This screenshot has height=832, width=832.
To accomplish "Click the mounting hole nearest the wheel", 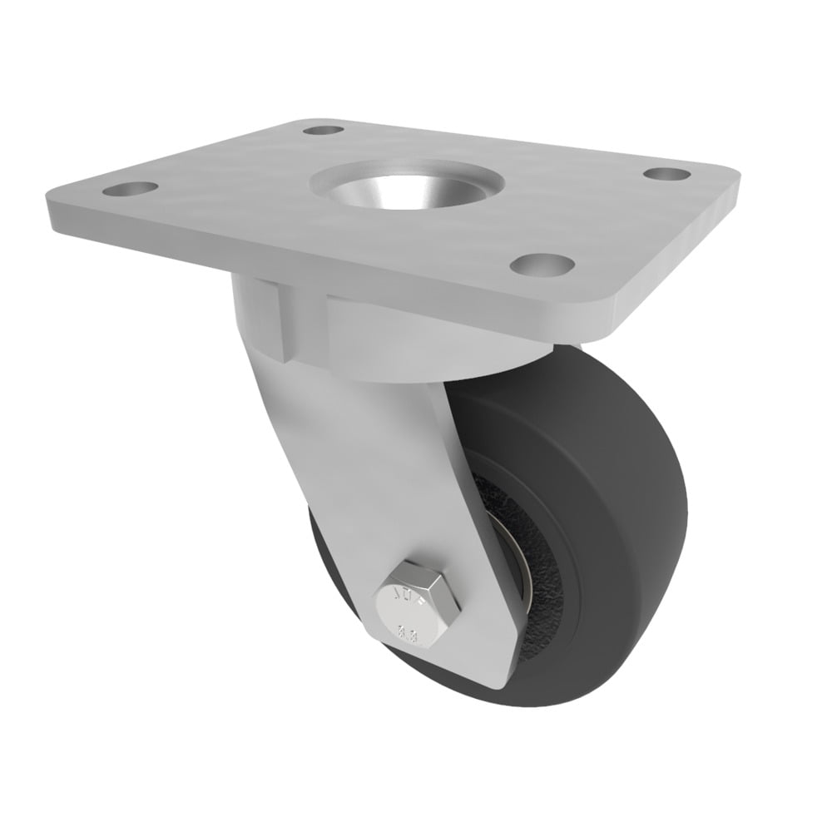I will (x=542, y=265).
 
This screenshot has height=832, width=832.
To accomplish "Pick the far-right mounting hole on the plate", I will (x=667, y=174).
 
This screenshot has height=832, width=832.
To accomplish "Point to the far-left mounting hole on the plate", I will (x=129, y=189).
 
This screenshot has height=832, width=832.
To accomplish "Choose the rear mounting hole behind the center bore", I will (x=323, y=130).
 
